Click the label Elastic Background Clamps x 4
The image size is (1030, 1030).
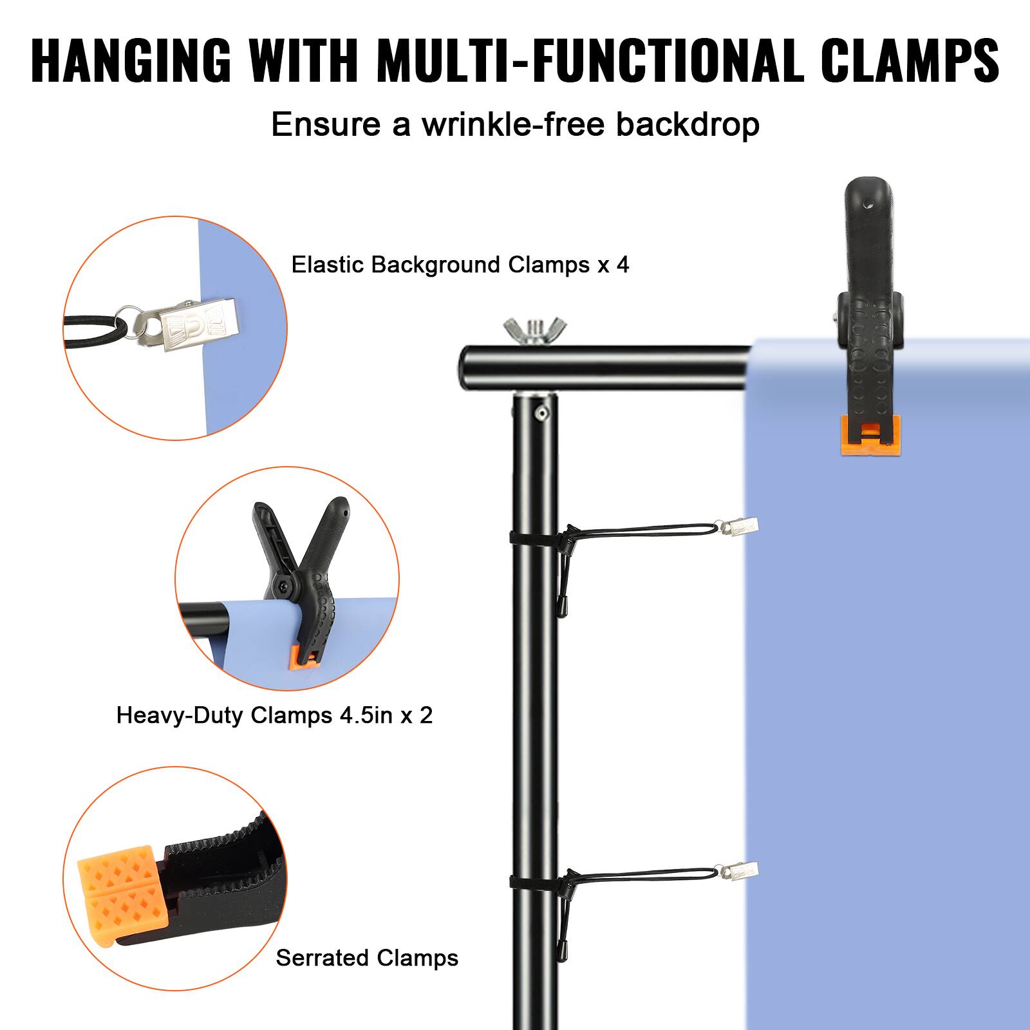tap(460, 265)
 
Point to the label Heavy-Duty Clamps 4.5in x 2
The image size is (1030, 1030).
tap(274, 715)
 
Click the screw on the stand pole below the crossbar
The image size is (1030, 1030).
tap(543, 413)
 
